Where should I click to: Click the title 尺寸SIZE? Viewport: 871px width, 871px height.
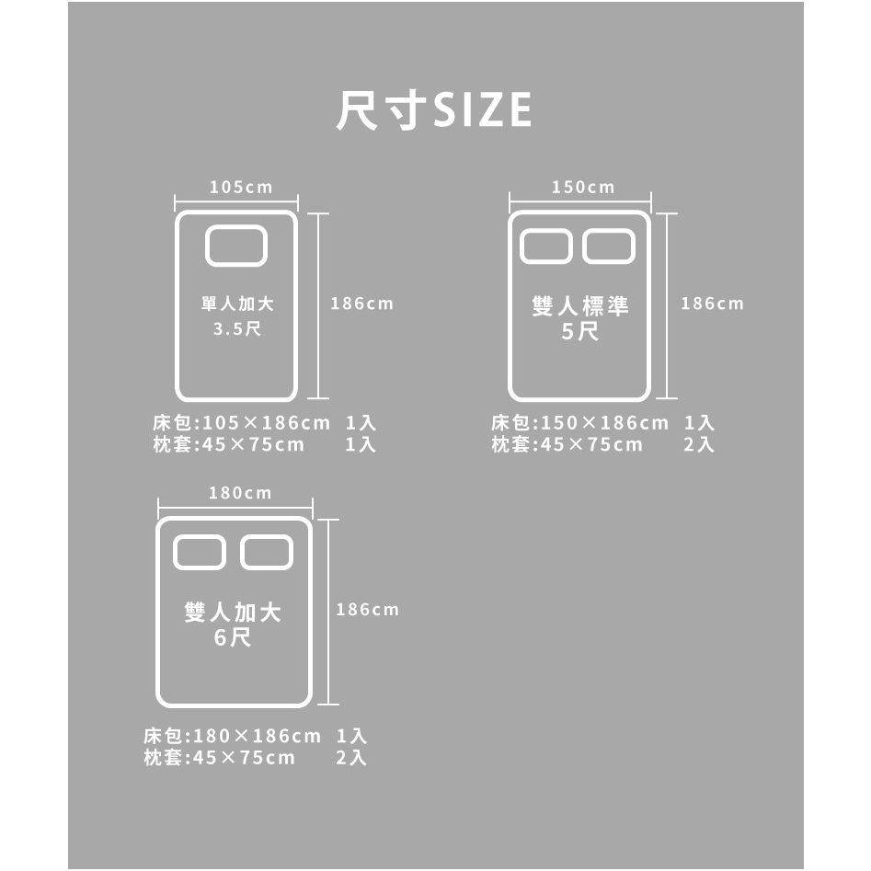click(434, 110)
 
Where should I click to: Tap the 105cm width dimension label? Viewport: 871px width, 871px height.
click(241, 188)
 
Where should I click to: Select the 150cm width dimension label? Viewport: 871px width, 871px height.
click(583, 188)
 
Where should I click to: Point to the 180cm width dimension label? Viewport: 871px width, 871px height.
click(240, 493)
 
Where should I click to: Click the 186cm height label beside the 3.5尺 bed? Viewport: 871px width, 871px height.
click(362, 304)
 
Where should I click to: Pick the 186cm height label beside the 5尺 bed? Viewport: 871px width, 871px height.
click(712, 304)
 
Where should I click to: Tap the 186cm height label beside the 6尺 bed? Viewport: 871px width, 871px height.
click(367, 610)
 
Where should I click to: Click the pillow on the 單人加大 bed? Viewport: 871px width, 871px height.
click(236, 246)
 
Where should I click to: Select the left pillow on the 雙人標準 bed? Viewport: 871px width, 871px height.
click(546, 246)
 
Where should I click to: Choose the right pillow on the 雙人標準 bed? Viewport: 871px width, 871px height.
click(609, 246)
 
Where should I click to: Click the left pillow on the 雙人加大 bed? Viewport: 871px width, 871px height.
click(200, 553)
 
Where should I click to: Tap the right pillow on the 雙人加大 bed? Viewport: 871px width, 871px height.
click(267, 553)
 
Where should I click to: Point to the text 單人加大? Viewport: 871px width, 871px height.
click(237, 304)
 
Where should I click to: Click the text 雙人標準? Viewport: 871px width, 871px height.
click(580, 306)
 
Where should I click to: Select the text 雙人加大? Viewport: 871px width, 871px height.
click(233, 613)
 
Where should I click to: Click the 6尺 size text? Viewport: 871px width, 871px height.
click(233, 637)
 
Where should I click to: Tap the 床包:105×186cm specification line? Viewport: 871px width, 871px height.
click(242, 423)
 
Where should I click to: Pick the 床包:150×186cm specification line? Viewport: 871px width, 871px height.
click(580, 423)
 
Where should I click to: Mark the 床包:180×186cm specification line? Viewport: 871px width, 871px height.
click(232, 736)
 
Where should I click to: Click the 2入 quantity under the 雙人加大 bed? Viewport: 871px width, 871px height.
click(351, 758)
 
